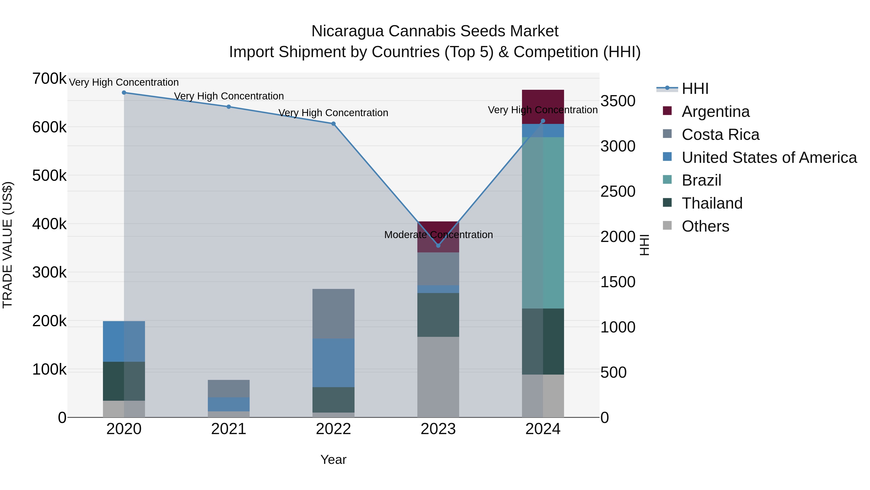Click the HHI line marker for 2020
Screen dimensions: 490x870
click(x=124, y=93)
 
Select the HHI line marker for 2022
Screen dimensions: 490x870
click(x=333, y=124)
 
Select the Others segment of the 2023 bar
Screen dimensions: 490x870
click(x=438, y=377)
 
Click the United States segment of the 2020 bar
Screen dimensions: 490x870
click(x=124, y=341)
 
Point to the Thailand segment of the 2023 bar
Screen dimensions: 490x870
click(x=438, y=315)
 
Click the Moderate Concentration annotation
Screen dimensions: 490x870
click(x=438, y=235)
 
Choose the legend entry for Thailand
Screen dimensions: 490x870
click(x=712, y=203)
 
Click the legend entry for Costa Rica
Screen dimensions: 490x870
click(x=720, y=135)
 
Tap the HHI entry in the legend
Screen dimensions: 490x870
click(x=695, y=89)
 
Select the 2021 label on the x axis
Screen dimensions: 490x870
click(x=229, y=429)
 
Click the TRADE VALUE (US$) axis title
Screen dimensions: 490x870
click(x=8, y=245)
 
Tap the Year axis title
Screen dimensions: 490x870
click(x=333, y=460)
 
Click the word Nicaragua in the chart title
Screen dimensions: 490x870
click(x=348, y=31)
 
